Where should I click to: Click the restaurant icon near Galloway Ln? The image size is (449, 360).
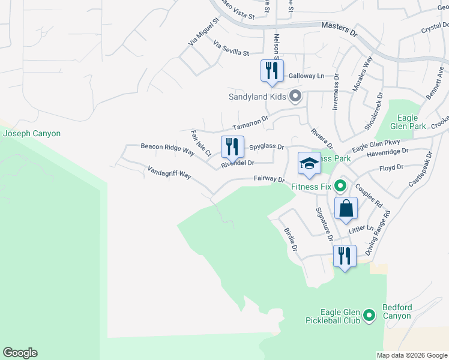coord(272,71)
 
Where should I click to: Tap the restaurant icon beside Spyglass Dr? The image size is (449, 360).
coord(232,146)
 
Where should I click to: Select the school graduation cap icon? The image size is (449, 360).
coord(309,163)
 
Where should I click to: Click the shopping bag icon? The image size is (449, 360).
coord(346,209)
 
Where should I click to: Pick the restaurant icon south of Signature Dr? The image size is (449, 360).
coord(345,256)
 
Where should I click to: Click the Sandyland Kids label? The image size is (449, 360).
coord(256,96)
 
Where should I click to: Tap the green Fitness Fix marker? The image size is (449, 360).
coord(340,186)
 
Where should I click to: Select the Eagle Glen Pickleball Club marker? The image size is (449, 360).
coord(369,315)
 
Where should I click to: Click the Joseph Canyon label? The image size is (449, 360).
coord(32,133)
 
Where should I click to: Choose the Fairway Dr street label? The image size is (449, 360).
coord(268,178)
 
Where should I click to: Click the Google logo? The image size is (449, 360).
coord(20,353)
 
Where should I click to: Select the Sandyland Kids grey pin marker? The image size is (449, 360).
coord(295,96)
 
